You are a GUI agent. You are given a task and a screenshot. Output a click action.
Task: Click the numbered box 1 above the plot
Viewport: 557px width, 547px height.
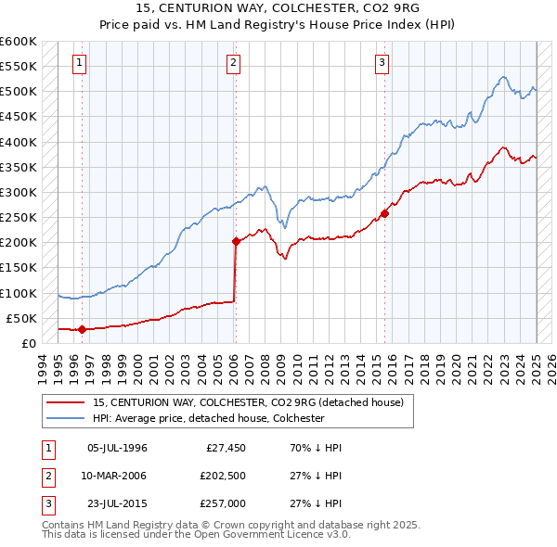click(79, 63)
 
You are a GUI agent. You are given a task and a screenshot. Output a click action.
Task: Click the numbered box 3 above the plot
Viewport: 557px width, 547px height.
click(382, 63)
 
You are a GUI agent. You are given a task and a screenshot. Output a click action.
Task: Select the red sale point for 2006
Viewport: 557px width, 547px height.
click(236, 242)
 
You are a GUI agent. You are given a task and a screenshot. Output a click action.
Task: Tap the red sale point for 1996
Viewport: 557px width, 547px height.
click(82, 329)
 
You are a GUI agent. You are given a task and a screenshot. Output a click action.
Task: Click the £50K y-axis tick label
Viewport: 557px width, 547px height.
click(21, 319)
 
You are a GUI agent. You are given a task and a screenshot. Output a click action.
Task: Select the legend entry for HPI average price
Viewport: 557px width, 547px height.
click(208, 418)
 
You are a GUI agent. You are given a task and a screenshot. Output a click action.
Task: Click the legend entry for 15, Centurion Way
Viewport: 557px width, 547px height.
click(248, 403)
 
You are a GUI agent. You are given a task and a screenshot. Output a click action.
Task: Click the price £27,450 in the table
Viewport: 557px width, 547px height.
click(223, 448)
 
